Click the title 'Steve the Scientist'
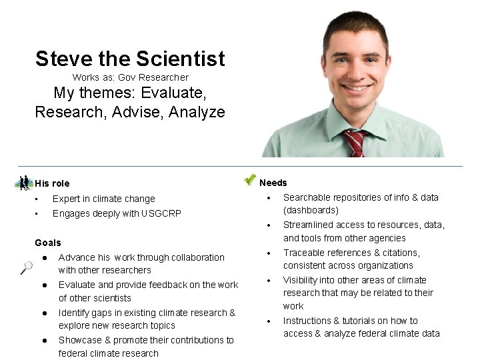point(130,59)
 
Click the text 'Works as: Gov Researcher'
point(130,77)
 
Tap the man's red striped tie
point(355,142)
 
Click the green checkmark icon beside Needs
point(249,179)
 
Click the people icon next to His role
point(24,183)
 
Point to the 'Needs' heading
point(273,183)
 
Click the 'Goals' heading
point(47,243)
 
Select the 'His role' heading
point(52,183)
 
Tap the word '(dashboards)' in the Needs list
point(311,210)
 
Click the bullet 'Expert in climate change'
point(103,199)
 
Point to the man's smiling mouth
point(357,88)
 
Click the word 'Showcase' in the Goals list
point(80,340)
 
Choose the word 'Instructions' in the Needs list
point(310,321)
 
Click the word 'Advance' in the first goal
point(77,257)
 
